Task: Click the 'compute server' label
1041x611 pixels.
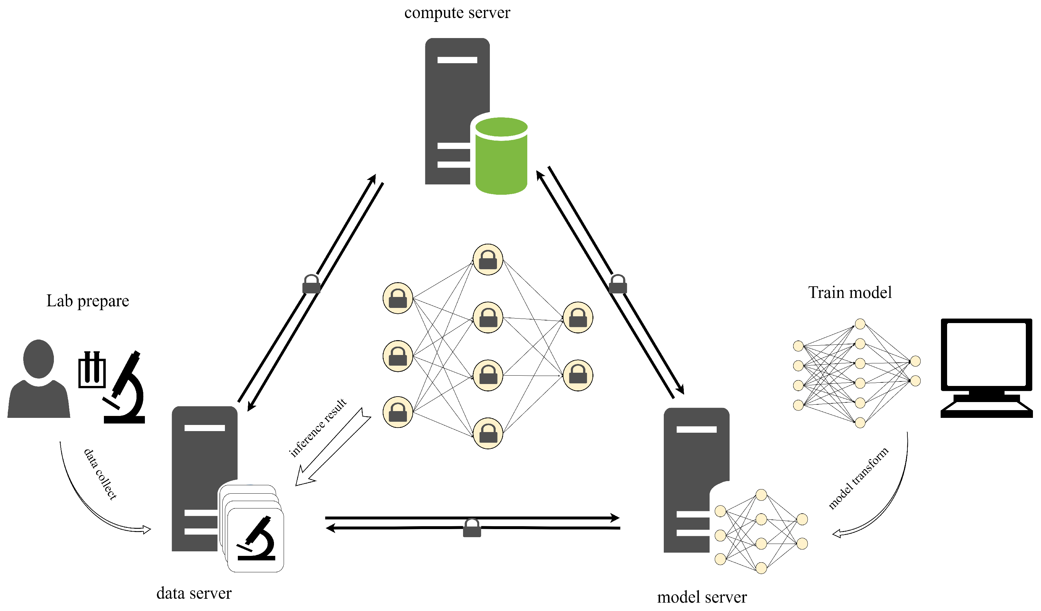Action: pyautogui.click(x=457, y=13)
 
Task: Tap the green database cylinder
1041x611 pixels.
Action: pyautogui.click(x=501, y=156)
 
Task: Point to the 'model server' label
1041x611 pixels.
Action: pyautogui.click(x=702, y=597)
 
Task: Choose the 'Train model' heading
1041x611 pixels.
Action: pyautogui.click(x=850, y=292)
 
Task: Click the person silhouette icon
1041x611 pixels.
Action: pyautogui.click(x=39, y=378)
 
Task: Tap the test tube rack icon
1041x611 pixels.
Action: pyautogui.click(x=92, y=370)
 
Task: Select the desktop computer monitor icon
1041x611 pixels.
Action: pyautogui.click(x=986, y=368)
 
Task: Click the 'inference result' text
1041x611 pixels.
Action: pyautogui.click(x=318, y=428)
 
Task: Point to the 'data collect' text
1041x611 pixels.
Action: pyautogui.click(x=100, y=474)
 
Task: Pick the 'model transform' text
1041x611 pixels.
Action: pyautogui.click(x=858, y=478)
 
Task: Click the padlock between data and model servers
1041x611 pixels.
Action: pyautogui.click(x=472, y=528)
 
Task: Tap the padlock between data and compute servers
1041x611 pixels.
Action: pyautogui.click(x=311, y=284)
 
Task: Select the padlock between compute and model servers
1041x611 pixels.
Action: pyautogui.click(x=618, y=284)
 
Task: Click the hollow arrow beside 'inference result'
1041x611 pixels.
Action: pyautogui.click(x=333, y=447)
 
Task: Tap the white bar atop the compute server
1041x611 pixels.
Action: pyautogui.click(x=457, y=60)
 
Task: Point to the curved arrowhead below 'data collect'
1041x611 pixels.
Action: pyautogui.click(x=146, y=530)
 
